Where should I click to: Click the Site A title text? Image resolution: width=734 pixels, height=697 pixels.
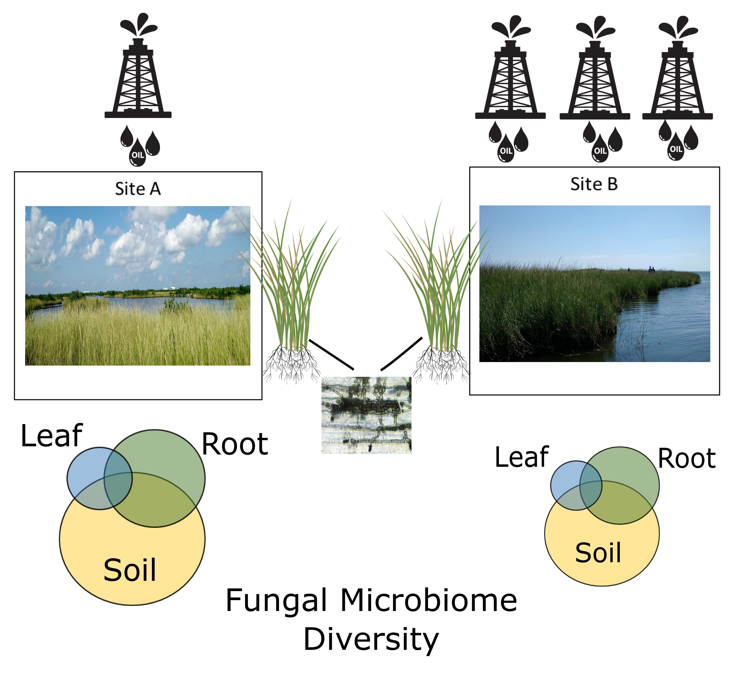[x=138, y=189]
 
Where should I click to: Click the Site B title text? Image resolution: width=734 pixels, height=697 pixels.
[x=594, y=184]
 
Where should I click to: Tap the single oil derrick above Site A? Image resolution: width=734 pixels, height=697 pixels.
[x=138, y=66]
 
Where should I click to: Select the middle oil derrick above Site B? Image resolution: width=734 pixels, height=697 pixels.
[x=595, y=68]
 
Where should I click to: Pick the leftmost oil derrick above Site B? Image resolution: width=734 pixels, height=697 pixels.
[x=510, y=67]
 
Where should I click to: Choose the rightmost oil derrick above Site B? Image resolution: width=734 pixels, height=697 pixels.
[x=677, y=68]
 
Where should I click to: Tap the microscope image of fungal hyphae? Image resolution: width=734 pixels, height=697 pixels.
[x=366, y=415]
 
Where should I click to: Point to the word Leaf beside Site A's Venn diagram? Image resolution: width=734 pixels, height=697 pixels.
[x=52, y=436]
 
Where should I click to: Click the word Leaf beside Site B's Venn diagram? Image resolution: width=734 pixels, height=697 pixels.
[x=522, y=457]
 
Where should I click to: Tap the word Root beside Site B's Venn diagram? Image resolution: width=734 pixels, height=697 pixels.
[x=687, y=459]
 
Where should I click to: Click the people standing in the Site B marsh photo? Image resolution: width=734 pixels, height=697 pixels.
[x=651, y=270]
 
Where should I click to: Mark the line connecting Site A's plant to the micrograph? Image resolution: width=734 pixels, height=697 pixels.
[x=331, y=355]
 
